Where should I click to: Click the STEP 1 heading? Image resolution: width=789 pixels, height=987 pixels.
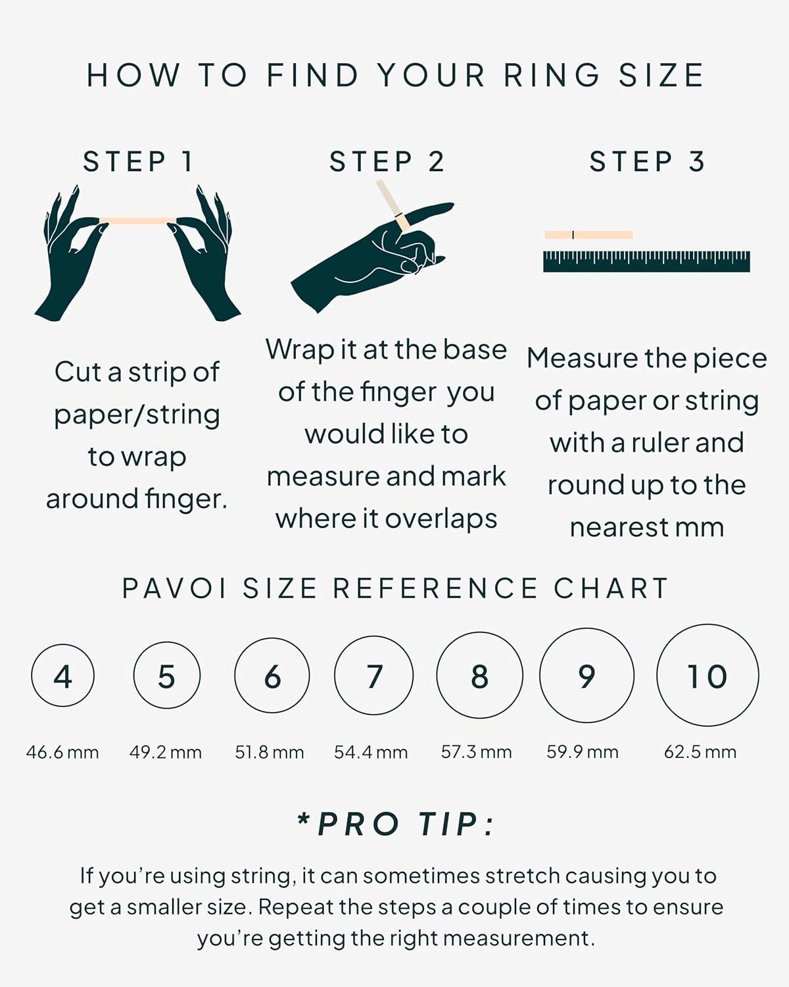138,162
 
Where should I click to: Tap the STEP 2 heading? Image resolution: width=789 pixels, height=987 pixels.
387,162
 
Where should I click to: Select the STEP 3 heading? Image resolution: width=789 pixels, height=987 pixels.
647,162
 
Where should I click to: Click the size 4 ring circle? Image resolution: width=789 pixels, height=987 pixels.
62,676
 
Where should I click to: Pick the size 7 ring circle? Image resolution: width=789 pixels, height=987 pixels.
373,676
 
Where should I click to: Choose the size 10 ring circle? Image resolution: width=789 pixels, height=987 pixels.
707,676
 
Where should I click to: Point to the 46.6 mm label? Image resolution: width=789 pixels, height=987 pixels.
62,752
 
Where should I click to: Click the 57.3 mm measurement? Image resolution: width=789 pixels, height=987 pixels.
476,752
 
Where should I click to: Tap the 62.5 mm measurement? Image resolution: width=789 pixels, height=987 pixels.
700,752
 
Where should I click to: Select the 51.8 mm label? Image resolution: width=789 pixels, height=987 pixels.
269,752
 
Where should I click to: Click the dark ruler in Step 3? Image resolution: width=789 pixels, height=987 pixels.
646,262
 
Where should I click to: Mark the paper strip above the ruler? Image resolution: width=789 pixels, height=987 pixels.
588,235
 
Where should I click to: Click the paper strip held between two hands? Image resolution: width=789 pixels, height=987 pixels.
137,220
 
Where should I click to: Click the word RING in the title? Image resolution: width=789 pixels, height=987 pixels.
552,75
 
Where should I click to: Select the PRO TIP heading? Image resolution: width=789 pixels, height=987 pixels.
396,824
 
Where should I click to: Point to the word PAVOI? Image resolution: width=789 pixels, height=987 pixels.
174,588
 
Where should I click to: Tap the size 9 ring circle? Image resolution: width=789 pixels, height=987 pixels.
586,676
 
